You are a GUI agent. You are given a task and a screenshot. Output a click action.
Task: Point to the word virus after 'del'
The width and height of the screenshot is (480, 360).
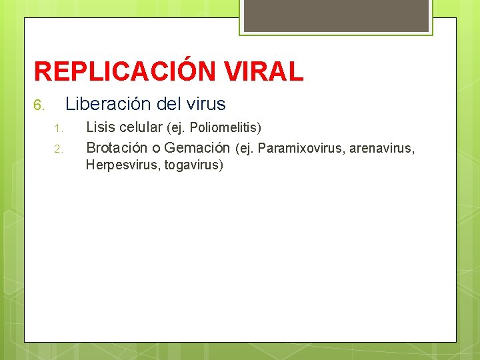point(206,104)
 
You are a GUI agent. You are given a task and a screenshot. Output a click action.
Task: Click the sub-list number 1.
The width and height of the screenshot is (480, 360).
point(58,128)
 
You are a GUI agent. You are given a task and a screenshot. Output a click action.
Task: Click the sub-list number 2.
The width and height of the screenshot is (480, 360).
point(58,148)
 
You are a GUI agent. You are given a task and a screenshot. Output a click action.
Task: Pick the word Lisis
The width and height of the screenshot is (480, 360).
point(101,127)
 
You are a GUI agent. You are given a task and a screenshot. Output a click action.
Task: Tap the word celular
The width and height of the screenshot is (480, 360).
point(141,127)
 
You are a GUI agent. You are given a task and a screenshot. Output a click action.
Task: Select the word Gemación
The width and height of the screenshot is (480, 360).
point(197,147)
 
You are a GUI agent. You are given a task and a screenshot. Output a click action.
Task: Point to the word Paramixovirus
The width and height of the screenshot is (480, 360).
point(299,147)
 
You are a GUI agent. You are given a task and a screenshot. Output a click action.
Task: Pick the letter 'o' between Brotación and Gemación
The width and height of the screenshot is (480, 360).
point(157,147)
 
